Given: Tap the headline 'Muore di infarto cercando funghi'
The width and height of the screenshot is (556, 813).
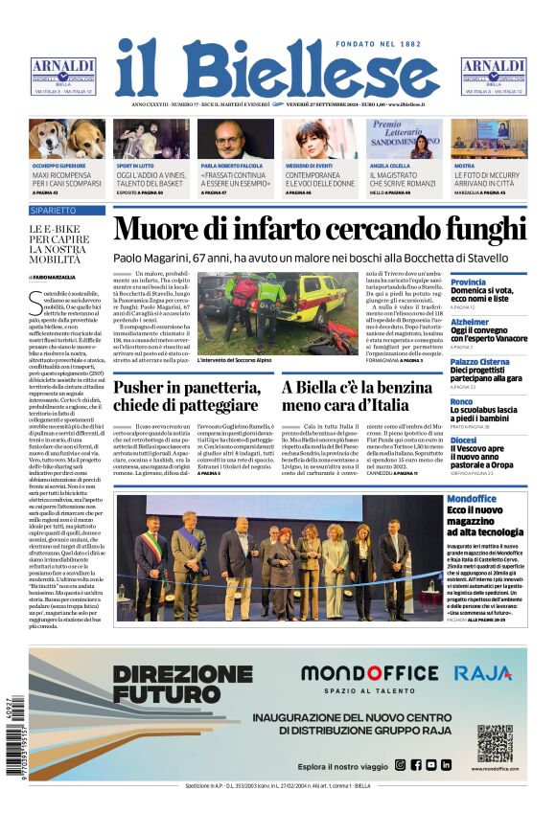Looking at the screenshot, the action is [x=319, y=231].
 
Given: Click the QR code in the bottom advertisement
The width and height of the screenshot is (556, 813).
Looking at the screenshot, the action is [x=495, y=742].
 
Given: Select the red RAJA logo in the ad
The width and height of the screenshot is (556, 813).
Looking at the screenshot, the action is [x=482, y=673].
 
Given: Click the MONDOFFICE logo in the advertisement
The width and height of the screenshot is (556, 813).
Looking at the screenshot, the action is [x=368, y=673].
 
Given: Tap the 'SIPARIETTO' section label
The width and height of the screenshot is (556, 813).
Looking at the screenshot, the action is [x=54, y=210].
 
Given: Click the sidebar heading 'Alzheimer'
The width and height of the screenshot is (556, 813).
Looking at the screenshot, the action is [x=470, y=323].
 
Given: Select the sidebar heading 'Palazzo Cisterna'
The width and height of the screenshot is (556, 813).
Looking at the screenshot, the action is [x=480, y=362].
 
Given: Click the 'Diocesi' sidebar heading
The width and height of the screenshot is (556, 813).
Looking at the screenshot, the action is [x=462, y=440].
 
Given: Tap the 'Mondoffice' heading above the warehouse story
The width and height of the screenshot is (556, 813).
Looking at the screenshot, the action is [x=472, y=499].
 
